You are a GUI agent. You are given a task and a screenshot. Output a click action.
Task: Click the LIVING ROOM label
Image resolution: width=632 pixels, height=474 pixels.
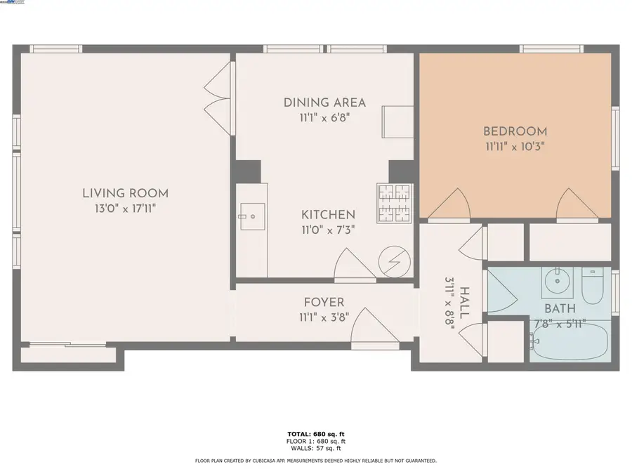click(x=125, y=193)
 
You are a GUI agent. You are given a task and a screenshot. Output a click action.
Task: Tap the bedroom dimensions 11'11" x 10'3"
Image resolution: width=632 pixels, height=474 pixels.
click(x=515, y=147)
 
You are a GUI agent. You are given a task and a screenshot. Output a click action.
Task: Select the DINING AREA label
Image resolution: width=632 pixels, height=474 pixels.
click(x=324, y=103)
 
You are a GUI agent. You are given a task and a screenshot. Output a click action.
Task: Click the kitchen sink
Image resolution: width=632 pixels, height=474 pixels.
click(x=251, y=216)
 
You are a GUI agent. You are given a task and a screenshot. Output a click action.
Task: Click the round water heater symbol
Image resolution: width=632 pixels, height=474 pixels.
click(x=391, y=263)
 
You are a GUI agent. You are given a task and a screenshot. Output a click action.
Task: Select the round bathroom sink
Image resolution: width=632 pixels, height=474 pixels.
click(x=558, y=285)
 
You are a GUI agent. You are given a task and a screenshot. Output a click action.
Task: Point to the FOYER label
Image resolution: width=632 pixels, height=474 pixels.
click(x=324, y=303)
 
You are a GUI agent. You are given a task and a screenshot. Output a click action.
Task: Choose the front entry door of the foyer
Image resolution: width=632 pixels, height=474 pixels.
click(x=373, y=329)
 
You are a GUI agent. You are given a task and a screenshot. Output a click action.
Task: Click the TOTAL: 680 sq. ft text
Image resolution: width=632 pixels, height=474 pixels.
click(x=316, y=435)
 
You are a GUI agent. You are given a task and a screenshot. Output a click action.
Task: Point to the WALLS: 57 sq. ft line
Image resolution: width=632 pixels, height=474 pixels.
click(x=316, y=448)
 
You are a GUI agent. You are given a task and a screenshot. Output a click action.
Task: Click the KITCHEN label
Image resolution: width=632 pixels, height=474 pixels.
click(x=328, y=214)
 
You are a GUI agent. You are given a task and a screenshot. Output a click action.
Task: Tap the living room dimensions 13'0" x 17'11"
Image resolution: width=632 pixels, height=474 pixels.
click(x=125, y=209)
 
